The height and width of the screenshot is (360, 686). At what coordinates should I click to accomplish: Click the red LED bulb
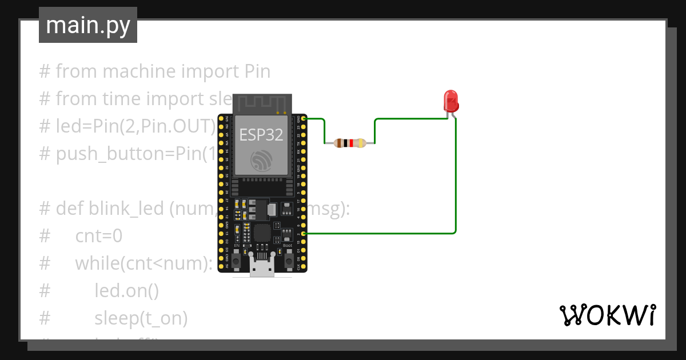click(x=451, y=101)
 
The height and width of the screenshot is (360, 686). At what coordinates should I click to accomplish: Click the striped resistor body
click(x=349, y=143)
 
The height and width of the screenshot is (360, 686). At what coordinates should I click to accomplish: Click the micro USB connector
click(x=262, y=268)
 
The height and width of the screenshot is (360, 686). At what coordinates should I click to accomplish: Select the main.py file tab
click(x=88, y=25)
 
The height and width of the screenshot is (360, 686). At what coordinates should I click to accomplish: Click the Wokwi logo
click(x=607, y=315)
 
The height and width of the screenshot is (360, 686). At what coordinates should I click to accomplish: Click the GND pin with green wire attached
click(x=304, y=118)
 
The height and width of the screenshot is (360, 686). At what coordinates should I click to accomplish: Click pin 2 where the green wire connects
click(x=304, y=233)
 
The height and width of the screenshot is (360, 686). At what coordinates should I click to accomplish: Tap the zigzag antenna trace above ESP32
click(x=262, y=103)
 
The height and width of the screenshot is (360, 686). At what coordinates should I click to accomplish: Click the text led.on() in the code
click(x=126, y=291)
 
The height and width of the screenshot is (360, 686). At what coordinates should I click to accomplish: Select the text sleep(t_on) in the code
click(x=141, y=318)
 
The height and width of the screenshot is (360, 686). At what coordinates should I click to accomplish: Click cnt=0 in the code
click(x=98, y=236)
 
